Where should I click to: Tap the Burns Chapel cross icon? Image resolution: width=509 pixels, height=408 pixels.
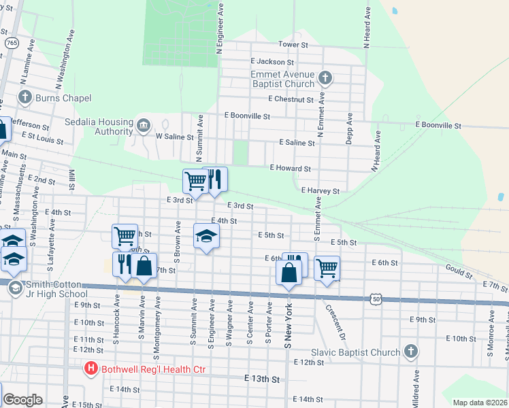click(x=25, y=97)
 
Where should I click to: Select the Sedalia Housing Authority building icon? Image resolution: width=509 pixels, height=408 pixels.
click(x=144, y=125)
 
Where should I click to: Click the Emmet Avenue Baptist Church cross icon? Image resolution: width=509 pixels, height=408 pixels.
click(x=325, y=78)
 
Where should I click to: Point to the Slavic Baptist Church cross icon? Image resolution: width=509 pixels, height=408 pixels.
click(x=410, y=352)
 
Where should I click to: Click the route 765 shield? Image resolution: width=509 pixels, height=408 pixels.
click(x=12, y=43)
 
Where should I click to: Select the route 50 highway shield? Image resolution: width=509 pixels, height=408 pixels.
click(x=376, y=298)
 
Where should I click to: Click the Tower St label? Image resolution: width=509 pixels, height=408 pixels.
click(x=293, y=44)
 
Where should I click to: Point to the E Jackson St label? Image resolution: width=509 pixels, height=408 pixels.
click(x=272, y=62)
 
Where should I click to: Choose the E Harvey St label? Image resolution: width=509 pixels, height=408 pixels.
click(x=320, y=191)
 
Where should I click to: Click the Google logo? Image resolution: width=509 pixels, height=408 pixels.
click(x=22, y=400)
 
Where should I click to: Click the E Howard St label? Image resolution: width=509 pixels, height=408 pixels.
click(x=291, y=168)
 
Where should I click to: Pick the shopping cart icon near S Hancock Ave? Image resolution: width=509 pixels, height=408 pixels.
click(x=125, y=237)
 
